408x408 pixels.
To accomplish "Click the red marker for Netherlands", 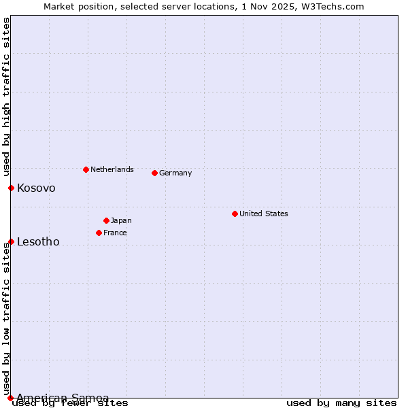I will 86,169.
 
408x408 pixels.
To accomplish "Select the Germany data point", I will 154,173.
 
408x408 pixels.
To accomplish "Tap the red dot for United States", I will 235,214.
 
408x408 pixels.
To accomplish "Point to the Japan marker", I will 106,220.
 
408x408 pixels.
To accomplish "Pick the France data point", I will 99,233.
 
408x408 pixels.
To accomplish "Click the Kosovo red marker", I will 11,188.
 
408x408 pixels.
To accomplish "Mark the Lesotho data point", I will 11,241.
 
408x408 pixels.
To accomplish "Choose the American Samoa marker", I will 10,398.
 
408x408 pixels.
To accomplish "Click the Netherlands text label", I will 112,169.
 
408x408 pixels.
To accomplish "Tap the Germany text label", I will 175,173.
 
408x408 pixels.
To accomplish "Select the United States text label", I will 264,214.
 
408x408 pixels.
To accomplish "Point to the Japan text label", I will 121,220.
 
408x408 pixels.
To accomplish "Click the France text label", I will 115,233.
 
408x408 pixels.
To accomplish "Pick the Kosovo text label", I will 36,188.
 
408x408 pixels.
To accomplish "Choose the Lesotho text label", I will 38,241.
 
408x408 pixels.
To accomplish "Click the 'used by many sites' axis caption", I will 341,403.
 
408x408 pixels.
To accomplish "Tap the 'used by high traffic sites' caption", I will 6,97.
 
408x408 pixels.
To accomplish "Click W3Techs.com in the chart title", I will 337,6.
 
